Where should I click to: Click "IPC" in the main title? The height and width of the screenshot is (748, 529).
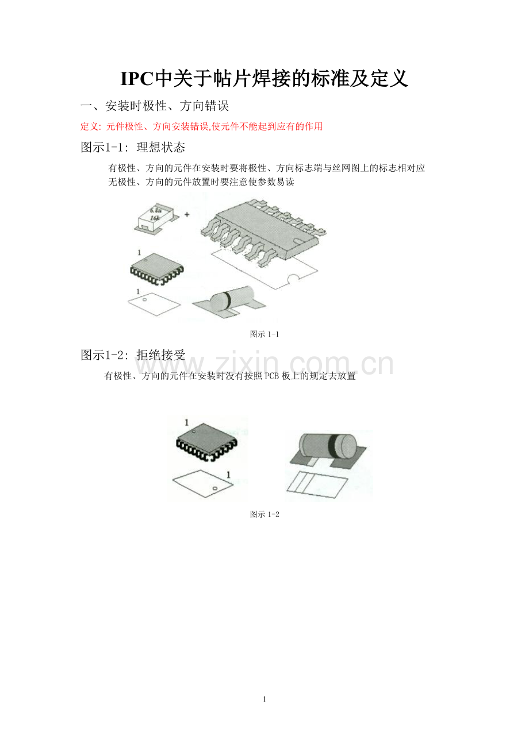coord(137,79)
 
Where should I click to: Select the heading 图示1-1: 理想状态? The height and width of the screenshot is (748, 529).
coord(133,147)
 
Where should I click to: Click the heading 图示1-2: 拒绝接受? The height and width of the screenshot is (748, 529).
coord(133,354)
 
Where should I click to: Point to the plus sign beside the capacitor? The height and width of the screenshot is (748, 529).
coord(187,214)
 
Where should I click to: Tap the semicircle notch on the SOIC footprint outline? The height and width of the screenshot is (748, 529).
coord(294,278)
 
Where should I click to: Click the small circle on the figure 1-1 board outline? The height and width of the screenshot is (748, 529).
coord(145,299)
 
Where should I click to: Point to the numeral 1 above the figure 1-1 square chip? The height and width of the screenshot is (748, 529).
coord(139,253)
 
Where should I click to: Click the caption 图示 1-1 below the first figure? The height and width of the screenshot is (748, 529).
coord(264,334)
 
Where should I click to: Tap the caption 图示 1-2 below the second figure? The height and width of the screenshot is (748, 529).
coord(264,514)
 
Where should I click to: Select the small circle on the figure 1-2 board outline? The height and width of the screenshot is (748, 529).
coord(215,488)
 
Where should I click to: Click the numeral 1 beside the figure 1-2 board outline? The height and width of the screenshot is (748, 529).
coord(229,475)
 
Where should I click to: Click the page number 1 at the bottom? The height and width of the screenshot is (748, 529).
coord(264,699)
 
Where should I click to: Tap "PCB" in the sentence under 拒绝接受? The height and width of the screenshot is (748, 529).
coord(271,376)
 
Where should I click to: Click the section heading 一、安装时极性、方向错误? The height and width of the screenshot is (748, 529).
coord(155,106)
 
